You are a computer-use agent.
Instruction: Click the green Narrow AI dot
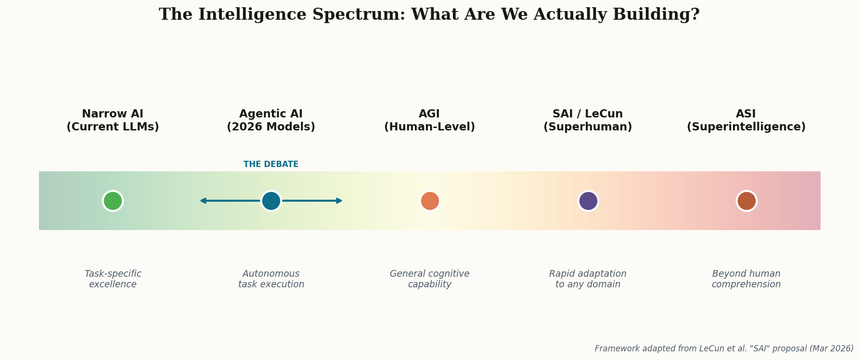click(x=113, y=201)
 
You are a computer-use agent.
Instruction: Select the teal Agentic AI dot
click(x=271, y=201)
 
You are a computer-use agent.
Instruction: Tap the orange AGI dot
click(x=430, y=201)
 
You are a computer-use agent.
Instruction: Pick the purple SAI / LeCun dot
click(x=588, y=201)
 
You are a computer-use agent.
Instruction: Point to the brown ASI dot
click(x=746, y=201)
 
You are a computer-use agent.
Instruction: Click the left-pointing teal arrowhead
click(x=203, y=201)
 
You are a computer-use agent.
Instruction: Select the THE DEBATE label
click(x=271, y=165)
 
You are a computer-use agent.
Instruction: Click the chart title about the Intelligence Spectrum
click(x=429, y=15)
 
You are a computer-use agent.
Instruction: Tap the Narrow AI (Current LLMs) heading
click(x=113, y=121)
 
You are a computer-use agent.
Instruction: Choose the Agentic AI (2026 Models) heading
click(x=271, y=121)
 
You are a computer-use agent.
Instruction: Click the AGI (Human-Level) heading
click(x=429, y=121)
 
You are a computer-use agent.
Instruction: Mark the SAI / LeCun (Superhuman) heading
click(x=588, y=121)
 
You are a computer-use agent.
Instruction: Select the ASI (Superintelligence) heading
click(x=746, y=121)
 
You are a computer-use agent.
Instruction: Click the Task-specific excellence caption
click(x=113, y=279)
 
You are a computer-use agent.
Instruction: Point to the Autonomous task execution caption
click(x=271, y=279)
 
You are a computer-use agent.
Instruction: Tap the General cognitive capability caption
click(x=429, y=279)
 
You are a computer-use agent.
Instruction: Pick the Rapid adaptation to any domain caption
click(x=588, y=279)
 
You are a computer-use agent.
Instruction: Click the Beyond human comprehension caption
click(x=746, y=279)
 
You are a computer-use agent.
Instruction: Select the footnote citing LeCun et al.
click(x=724, y=348)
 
